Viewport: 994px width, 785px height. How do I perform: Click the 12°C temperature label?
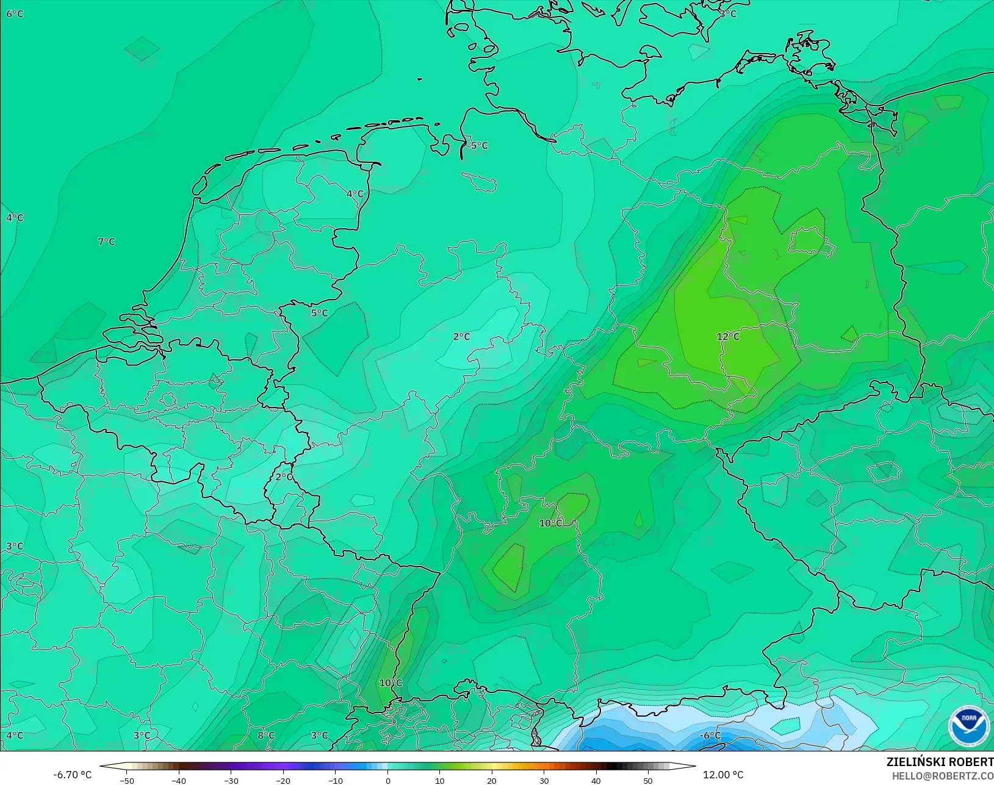pyautogui.click(x=728, y=337)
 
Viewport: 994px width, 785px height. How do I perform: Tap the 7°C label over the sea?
pyautogui.click(x=107, y=242)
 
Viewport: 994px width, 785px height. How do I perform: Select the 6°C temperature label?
pyautogui.click(x=15, y=13)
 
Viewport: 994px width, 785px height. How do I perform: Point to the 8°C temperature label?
pyautogui.click(x=266, y=736)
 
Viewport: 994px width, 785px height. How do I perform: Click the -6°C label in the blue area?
pyautogui.click(x=710, y=736)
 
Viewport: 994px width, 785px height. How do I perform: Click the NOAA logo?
pyautogui.click(x=968, y=726)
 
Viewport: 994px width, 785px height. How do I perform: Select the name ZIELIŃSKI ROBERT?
pyautogui.click(x=940, y=762)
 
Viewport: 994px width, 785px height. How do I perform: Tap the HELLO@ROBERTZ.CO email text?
pyautogui.click(x=943, y=776)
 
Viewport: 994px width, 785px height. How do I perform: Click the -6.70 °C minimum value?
pyautogui.click(x=72, y=775)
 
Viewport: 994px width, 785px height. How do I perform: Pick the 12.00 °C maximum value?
pyautogui.click(x=723, y=775)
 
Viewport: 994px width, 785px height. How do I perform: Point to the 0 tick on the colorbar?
pyautogui.click(x=388, y=780)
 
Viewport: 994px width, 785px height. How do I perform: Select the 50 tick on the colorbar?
pyautogui.click(x=648, y=780)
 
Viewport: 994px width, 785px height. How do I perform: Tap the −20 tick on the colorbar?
pyautogui.click(x=283, y=780)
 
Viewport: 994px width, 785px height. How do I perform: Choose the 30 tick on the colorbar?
pyautogui.click(x=544, y=780)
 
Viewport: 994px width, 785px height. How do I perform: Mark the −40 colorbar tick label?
pyautogui.click(x=179, y=780)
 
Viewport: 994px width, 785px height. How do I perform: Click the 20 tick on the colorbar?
pyautogui.click(x=492, y=780)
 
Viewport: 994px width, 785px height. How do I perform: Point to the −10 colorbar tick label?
pyautogui.click(x=335, y=780)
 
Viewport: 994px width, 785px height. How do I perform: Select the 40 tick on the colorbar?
pyautogui.click(x=596, y=780)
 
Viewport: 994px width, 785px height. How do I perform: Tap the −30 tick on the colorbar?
pyautogui.click(x=231, y=780)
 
